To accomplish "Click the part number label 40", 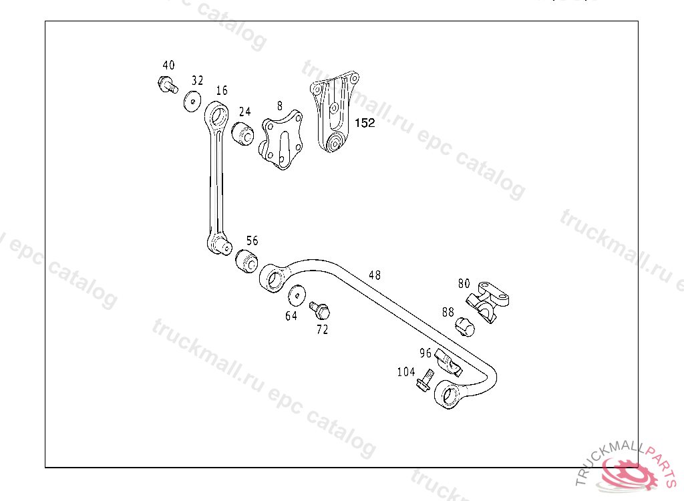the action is pyautogui.click(x=168, y=65).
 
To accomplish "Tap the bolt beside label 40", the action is pyautogui.click(x=166, y=85).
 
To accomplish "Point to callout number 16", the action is pyautogui.click(x=222, y=90).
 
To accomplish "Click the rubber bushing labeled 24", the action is pyautogui.click(x=242, y=134).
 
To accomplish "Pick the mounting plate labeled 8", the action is pyautogui.click(x=281, y=142).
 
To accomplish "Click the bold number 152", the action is pyautogui.click(x=365, y=123).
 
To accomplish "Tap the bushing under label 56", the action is pyautogui.click(x=246, y=261).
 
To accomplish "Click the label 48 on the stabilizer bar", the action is pyautogui.click(x=375, y=275).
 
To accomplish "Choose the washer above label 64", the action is pyautogui.click(x=296, y=295).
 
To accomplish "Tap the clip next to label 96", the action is pyautogui.click(x=448, y=361).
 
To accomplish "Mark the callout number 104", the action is pyautogui.click(x=406, y=372).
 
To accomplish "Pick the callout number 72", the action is pyautogui.click(x=323, y=330).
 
